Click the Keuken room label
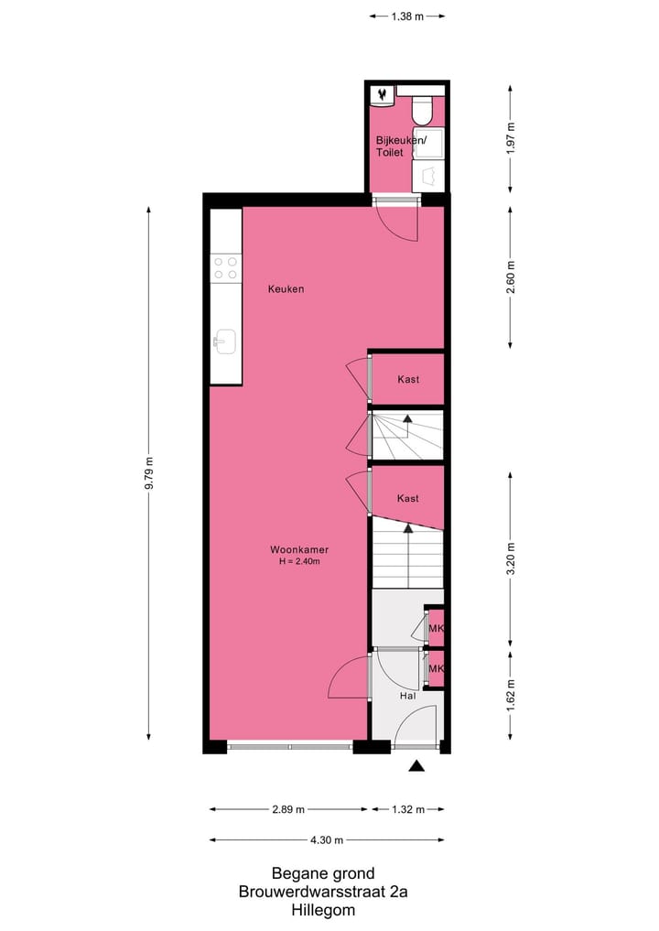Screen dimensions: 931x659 [286, 289]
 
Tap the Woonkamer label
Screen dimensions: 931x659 [299, 550]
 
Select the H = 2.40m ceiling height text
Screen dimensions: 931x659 [299, 562]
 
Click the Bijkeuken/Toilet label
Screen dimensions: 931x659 [400, 146]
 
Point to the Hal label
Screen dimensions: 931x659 [408, 696]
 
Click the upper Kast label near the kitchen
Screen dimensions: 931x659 [408, 379]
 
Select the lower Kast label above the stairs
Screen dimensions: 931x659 [408, 499]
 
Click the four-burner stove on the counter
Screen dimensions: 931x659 [225, 267]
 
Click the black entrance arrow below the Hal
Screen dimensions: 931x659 [417, 766]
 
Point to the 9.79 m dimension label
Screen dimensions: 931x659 [148, 473]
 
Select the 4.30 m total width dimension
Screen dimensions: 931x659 [327, 840]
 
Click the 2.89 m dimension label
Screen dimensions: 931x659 [288, 809]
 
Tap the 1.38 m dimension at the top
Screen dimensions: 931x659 [406, 16]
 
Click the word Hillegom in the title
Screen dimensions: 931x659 [323, 911]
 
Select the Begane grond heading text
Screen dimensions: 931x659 [323, 874]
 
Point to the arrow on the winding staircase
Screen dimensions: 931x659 [408, 420]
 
